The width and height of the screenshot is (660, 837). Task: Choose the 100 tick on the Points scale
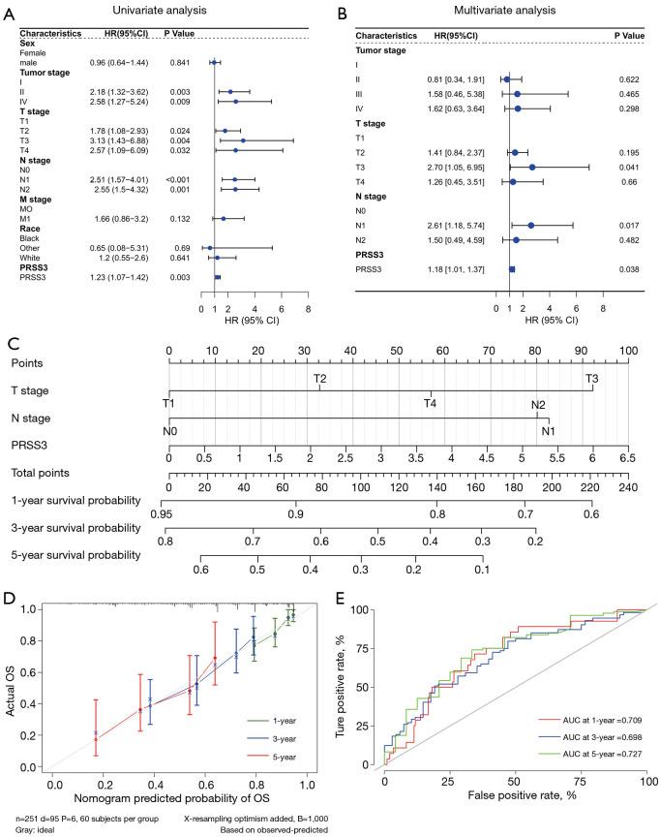628,350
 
